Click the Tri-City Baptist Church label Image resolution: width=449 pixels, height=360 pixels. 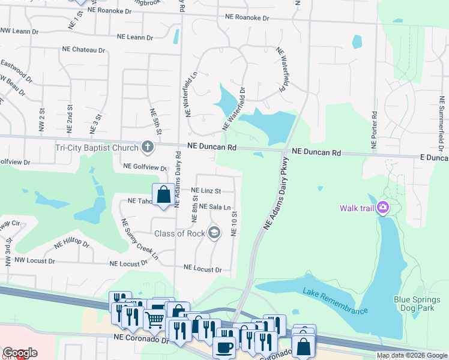click(x=97, y=147)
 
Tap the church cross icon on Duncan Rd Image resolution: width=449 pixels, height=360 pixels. click(x=148, y=147)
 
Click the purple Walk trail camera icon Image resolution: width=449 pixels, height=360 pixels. click(x=382, y=208)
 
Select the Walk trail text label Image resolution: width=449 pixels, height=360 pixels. click(x=357, y=208)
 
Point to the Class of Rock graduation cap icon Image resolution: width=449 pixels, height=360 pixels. click(x=214, y=233)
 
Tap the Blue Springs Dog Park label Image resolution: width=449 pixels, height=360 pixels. click(x=414, y=304)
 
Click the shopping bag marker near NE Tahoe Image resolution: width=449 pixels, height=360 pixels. click(x=163, y=195)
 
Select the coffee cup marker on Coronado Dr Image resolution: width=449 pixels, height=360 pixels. click(x=224, y=347)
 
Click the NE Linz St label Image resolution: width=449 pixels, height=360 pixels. click(x=206, y=191)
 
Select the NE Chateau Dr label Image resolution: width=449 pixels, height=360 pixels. click(x=83, y=50)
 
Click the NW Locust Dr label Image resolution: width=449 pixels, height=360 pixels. click(x=34, y=261)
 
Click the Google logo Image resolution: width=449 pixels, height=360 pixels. click(x=20, y=353)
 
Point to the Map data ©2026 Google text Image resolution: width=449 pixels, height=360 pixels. click(x=412, y=355)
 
